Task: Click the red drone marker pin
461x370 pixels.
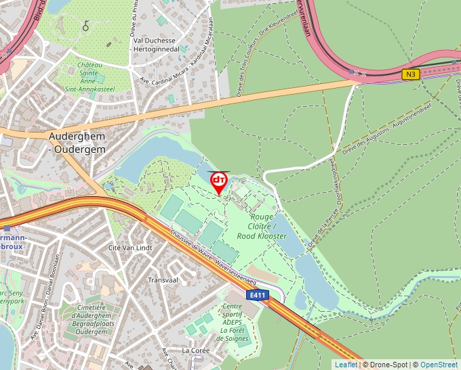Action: [x=219, y=181]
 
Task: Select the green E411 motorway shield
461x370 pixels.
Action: [x=258, y=295]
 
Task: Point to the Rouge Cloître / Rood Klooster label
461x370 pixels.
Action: [x=262, y=227]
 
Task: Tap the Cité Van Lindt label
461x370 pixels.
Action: [x=130, y=248]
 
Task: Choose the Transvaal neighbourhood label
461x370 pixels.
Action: [x=162, y=279]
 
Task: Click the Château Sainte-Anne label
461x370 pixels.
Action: [x=94, y=76]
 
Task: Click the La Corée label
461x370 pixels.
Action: [x=196, y=350]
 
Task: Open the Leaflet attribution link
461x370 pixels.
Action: [x=346, y=365]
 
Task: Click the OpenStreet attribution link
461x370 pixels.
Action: [x=439, y=365]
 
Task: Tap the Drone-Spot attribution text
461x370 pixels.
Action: [x=386, y=365]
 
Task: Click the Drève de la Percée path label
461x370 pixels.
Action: [x=321, y=227]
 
